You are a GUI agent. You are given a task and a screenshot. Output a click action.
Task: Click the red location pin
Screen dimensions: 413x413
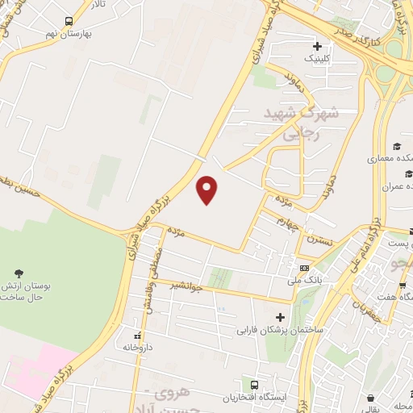coord(207,190)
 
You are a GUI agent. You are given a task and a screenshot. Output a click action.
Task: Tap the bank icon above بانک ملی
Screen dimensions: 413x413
coord(304,268)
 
